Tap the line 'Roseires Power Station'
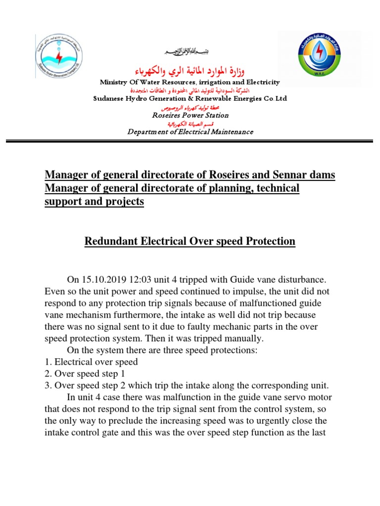click(x=190, y=115)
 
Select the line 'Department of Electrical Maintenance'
click(x=190, y=132)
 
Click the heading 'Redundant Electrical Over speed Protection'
click(x=190, y=242)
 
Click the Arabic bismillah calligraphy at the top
click(x=190, y=53)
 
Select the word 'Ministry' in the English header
click(x=114, y=82)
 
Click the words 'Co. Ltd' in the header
click(x=273, y=99)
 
